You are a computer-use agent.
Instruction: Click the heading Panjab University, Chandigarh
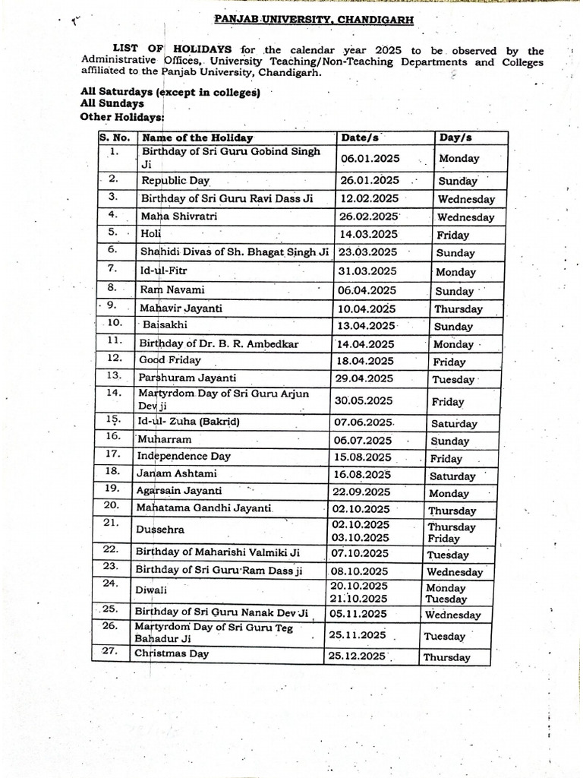tap(314, 21)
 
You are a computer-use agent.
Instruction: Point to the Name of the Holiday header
tap(197, 138)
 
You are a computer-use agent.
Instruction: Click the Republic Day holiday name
tap(175, 181)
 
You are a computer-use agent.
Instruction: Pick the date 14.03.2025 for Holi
tap(368, 234)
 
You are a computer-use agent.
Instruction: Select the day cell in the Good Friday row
tap(450, 362)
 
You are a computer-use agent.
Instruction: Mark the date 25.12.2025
tap(357, 656)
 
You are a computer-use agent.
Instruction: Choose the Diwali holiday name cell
tap(151, 590)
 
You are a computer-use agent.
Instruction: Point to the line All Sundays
tap(112, 104)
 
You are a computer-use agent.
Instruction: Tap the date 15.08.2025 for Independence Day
tap(363, 457)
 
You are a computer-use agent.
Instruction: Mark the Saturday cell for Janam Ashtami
tap(453, 476)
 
